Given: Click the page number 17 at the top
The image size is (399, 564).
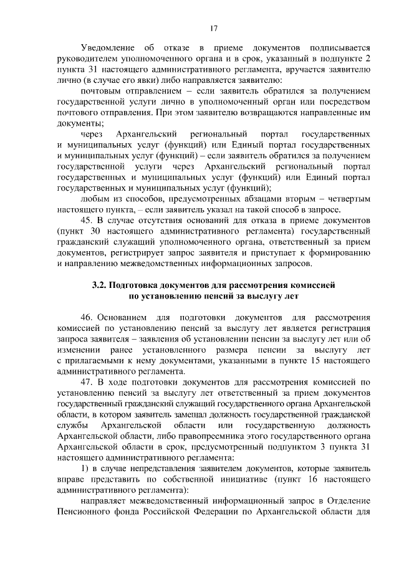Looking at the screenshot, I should (x=213, y=27).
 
